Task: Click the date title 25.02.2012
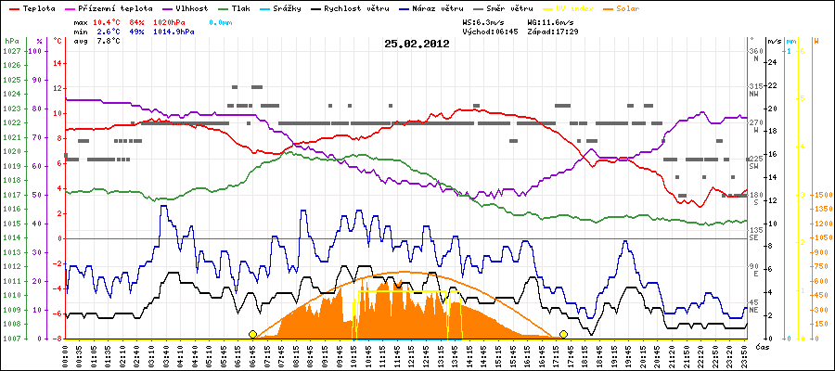click(417, 44)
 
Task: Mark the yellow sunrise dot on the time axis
click(253, 334)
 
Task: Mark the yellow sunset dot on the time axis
click(563, 334)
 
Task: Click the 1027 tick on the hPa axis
click(11, 51)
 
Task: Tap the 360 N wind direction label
click(756, 53)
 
